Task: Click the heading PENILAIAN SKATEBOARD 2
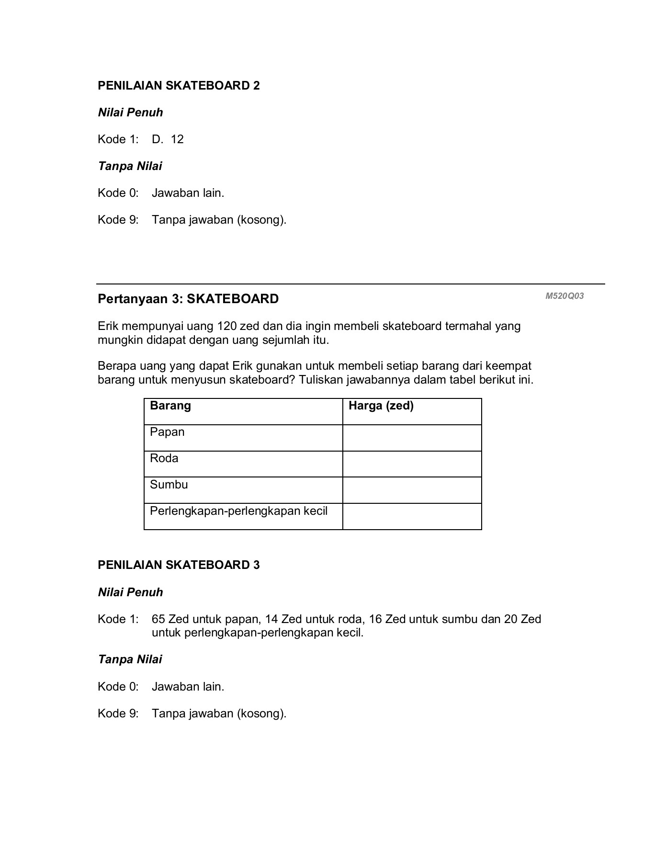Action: click(179, 86)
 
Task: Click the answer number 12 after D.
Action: click(177, 139)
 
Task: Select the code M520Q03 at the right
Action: click(564, 296)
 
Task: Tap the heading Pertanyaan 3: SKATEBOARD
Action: click(188, 299)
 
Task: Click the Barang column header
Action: click(170, 406)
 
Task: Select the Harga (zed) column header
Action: click(381, 406)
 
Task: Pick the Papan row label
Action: click(167, 432)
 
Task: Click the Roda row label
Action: click(164, 458)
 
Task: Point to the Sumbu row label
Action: click(169, 485)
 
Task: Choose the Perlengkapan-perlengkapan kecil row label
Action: click(239, 511)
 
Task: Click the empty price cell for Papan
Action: click(412, 438)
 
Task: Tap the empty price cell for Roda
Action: click(412, 464)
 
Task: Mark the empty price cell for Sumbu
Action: click(412, 490)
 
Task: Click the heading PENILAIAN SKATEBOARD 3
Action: click(179, 565)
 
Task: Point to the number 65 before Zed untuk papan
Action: click(158, 619)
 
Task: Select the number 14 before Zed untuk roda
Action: click(271, 619)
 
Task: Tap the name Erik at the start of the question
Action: click(108, 327)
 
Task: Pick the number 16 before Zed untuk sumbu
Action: click(375, 619)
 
